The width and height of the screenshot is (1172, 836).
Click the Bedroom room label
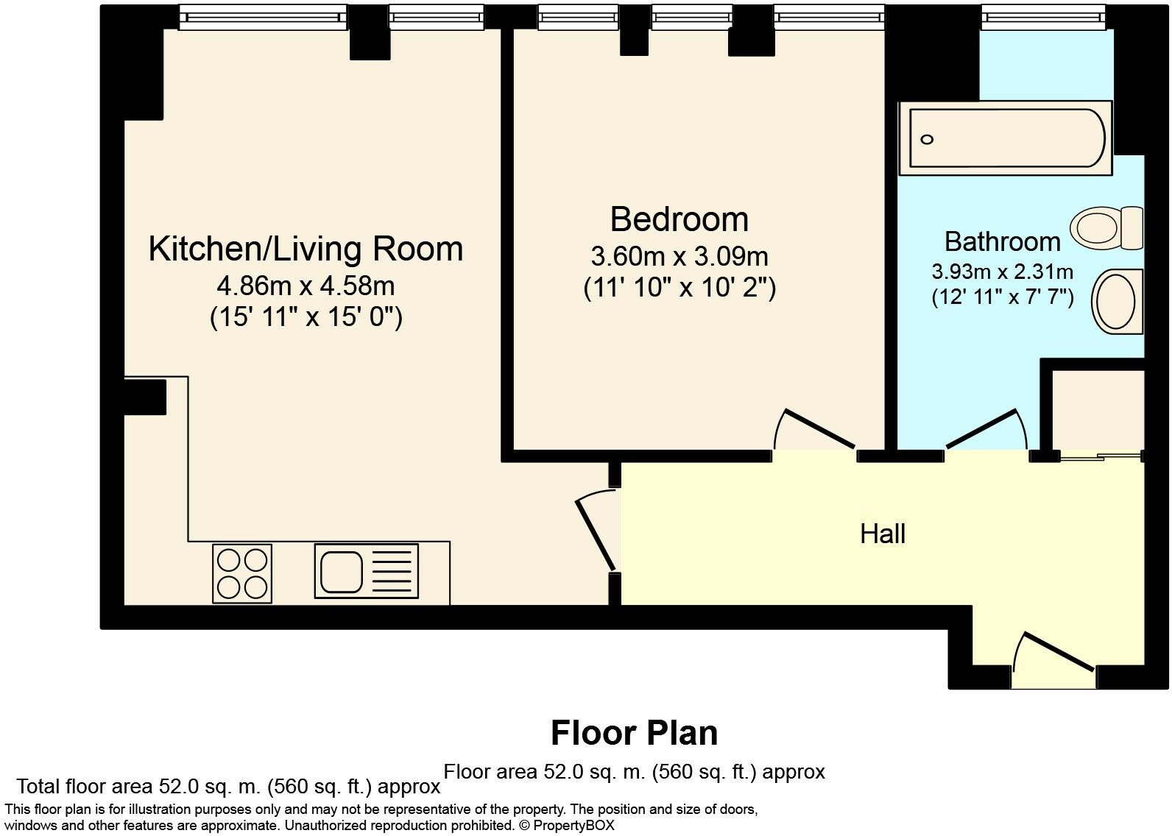[679, 219]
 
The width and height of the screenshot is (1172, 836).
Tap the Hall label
[883, 534]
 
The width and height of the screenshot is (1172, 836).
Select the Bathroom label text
[1003, 241]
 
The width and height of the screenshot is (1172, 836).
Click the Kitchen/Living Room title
[306, 249]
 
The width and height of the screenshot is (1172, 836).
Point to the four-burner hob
[242, 573]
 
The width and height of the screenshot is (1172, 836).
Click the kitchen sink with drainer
[367, 571]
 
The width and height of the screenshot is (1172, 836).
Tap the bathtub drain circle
[927, 140]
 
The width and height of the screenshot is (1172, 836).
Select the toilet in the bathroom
[1106, 228]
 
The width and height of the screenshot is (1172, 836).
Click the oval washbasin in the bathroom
[1117, 301]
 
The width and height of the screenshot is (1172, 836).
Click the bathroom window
[1043, 17]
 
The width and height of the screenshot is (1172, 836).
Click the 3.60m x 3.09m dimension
[679, 256]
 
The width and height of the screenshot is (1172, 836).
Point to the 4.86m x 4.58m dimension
[306, 286]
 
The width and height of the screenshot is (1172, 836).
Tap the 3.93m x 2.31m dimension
[1003, 272]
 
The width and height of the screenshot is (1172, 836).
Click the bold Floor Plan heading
[634, 733]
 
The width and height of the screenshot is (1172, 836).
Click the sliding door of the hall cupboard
[1101, 457]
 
